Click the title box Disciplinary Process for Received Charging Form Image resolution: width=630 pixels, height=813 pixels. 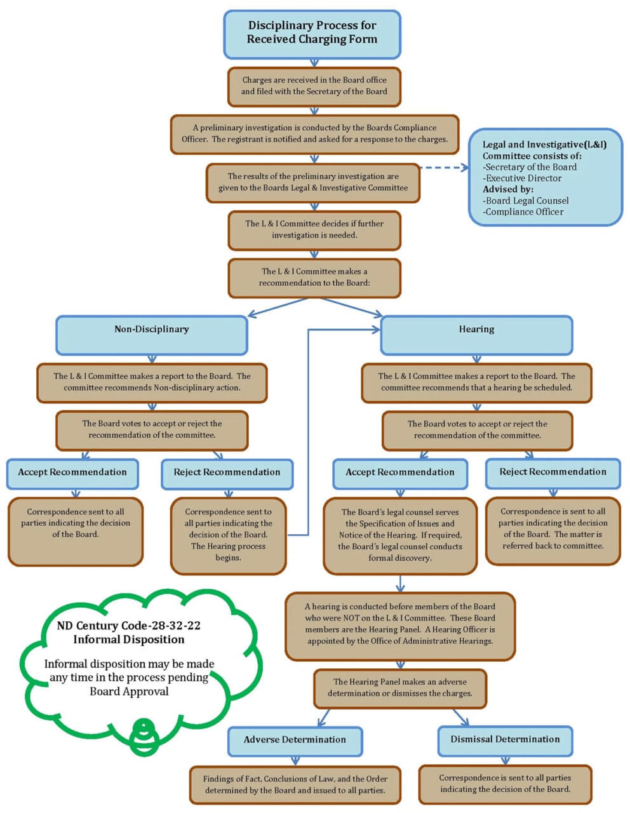point(312,33)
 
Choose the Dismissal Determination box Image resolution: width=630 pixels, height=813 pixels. point(505,740)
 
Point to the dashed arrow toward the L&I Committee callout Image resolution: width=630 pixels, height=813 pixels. point(443,168)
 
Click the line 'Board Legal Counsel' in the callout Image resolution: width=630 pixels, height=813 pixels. point(526,201)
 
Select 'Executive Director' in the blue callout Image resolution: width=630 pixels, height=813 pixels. point(523,178)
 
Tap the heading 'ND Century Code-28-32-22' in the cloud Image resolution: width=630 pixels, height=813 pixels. point(129,626)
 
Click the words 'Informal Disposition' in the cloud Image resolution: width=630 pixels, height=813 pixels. point(129,640)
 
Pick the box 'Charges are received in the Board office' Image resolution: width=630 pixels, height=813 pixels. point(314,86)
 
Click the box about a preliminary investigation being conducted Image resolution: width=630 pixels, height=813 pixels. point(314,134)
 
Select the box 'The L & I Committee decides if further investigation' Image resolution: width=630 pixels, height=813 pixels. point(314,230)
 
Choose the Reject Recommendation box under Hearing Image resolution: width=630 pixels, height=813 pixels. point(553,473)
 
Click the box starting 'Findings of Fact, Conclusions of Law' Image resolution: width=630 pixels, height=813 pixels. point(295,785)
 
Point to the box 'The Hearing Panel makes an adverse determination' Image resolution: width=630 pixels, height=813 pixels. point(400,688)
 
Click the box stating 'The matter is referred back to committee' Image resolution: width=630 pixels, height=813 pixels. point(553,530)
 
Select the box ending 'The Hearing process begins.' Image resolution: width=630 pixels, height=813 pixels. point(228,535)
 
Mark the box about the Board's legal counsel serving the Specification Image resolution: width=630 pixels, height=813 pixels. point(400,535)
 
